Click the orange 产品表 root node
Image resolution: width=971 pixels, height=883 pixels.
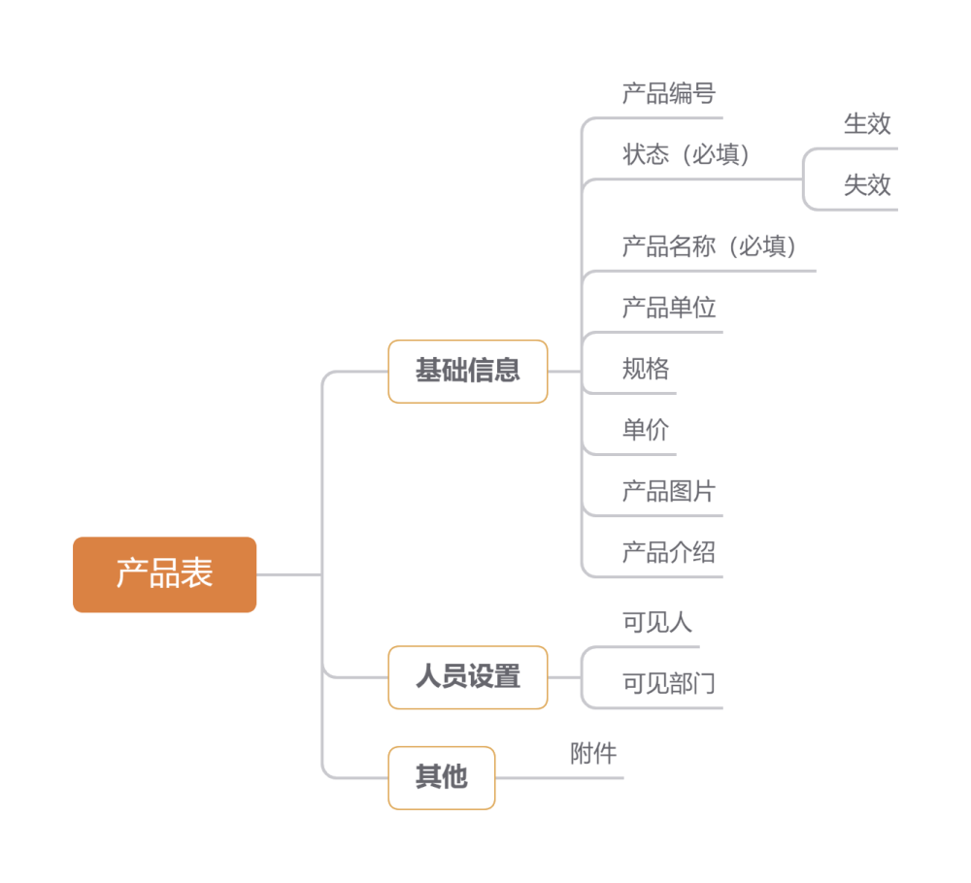[164, 574]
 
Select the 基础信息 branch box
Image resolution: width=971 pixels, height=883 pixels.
[468, 371]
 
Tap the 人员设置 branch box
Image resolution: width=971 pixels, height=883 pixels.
[468, 677]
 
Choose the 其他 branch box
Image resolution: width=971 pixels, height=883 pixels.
[442, 777]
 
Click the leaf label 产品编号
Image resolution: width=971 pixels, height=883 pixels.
[668, 94]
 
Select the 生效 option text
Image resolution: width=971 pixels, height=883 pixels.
[867, 124]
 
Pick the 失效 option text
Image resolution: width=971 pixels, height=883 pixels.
[867, 185]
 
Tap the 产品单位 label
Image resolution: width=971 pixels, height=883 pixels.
[668, 309]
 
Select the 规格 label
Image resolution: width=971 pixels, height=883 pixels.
[646, 370]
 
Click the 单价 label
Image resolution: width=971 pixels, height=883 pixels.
[646, 431]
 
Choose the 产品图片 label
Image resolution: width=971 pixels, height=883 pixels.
[668, 492]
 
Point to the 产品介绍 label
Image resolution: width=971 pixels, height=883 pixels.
[668, 553]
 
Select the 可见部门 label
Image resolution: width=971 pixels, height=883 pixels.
[668, 684]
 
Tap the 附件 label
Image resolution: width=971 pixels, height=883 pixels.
[593, 754]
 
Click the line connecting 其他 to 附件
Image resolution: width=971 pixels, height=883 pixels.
[558, 777]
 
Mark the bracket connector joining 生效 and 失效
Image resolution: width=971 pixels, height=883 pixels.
[804, 180]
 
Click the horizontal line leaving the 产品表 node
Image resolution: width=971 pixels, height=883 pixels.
[288, 574]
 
